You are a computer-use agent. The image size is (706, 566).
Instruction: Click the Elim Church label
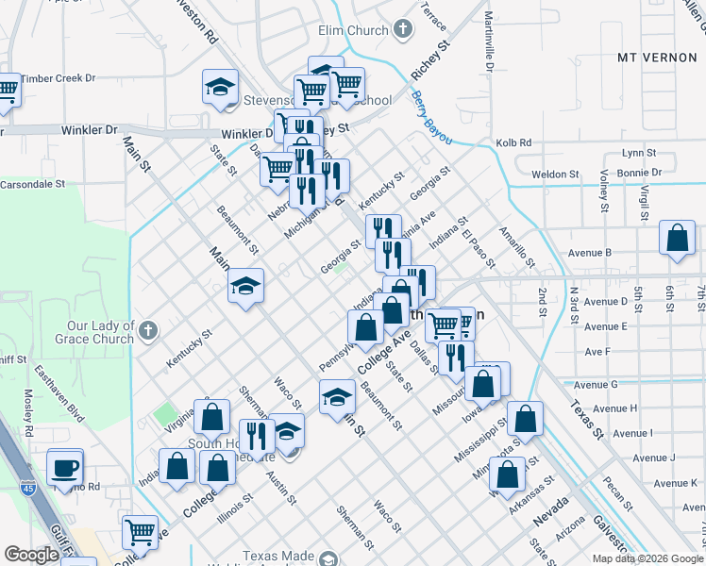pos(354,30)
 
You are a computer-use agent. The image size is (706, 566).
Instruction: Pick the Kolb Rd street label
pos(513,142)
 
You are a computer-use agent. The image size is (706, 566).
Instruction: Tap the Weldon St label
pos(555,175)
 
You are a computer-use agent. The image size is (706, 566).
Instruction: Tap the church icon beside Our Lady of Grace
pos(149,331)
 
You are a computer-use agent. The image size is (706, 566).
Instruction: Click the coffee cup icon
pos(65,467)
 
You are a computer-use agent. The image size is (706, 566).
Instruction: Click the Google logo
pos(31,555)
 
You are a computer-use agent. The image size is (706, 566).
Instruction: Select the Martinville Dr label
pos(489,42)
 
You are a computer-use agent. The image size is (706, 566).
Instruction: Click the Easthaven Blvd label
pos(59,395)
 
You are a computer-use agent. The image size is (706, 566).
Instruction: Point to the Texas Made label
pos(280,557)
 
